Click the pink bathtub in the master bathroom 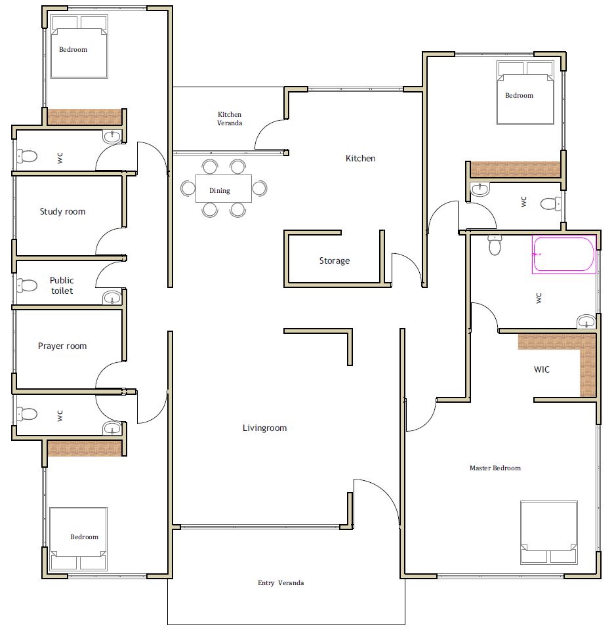(x=563, y=255)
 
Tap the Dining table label (x=220, y=190)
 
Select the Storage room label (x=335, y=260)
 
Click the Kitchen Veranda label (x=230, y=119)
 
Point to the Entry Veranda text (x=281, y=583)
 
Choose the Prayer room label (x=62, y=346)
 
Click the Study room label (x=63, y=211)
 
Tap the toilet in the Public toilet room (x=27, y=285)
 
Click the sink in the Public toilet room (x=112, y=298)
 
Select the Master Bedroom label (x=495, y=468)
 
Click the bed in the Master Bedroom (x=549, y=533)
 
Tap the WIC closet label (x=541, y=369)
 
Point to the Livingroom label (x=264, y=428)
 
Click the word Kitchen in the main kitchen (x=360, y=158)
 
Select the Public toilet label (x=62, y=285)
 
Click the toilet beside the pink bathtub (x=495, y=245)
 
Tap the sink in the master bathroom (x=586, y=321)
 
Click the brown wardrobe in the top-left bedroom (x=85, y=117)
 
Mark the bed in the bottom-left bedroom (x=79, y=539)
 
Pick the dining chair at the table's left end (x=188, y=188)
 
